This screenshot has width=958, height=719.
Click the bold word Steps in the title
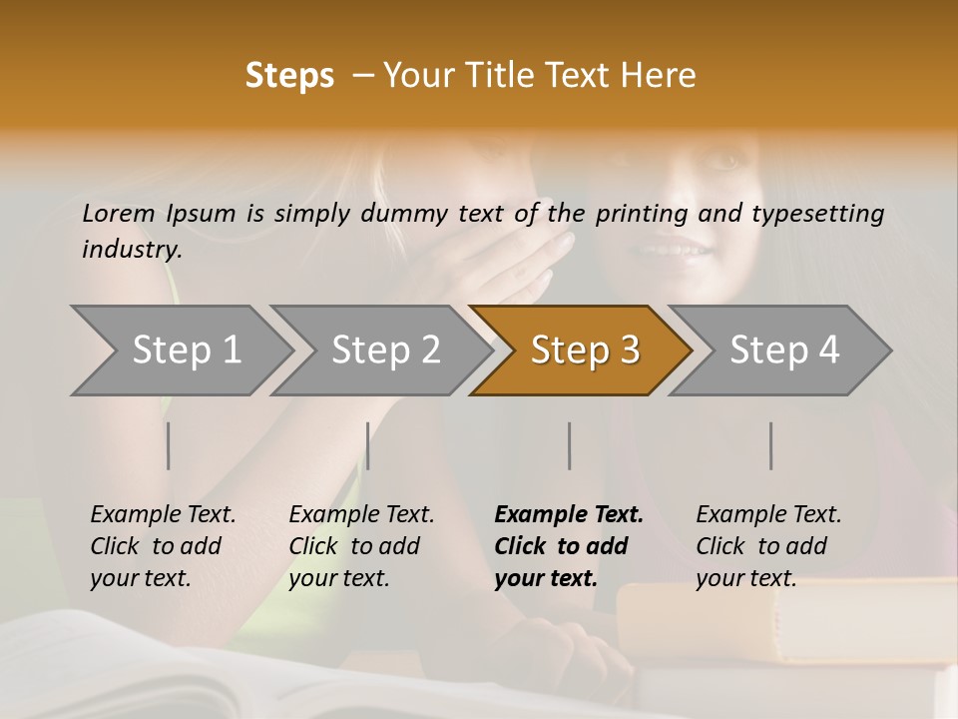coord(289,76)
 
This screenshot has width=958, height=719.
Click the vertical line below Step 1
coord(168,445)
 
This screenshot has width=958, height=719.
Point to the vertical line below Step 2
coord(368,445)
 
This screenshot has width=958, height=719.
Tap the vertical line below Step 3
coord(570,445)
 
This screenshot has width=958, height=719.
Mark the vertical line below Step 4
coord(771,445)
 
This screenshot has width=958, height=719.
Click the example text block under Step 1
coord(163,546)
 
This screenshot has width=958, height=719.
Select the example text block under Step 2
coord(361,546)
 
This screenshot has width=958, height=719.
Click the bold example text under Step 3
coord(569,546)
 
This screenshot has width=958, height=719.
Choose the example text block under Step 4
coord(768,546)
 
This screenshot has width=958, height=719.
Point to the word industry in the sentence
coord(132,250)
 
